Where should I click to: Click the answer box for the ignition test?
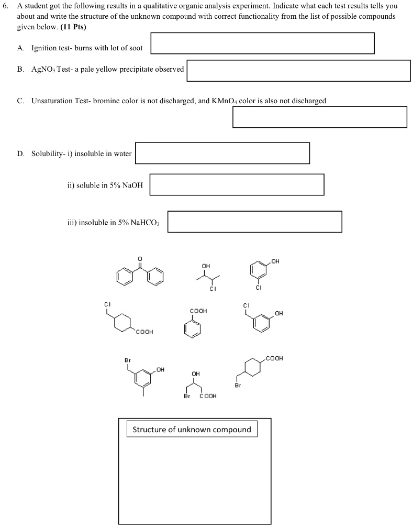[262, 43]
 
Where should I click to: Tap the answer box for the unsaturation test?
[320, 117]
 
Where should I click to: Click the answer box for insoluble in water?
[222, 153]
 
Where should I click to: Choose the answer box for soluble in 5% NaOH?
[237, 185]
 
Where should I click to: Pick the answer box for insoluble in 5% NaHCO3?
[254, 222]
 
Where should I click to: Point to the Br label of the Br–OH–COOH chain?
[187, 396]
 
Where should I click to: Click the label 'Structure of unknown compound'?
[192, 430]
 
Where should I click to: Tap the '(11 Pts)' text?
[73, 26]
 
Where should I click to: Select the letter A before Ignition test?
[20, 48]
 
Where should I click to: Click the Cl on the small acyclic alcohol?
[213, 289]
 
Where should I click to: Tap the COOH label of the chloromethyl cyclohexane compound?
[144, 332]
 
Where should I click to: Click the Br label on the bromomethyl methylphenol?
[127, 360]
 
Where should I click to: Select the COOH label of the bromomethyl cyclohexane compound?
[274, 358]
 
